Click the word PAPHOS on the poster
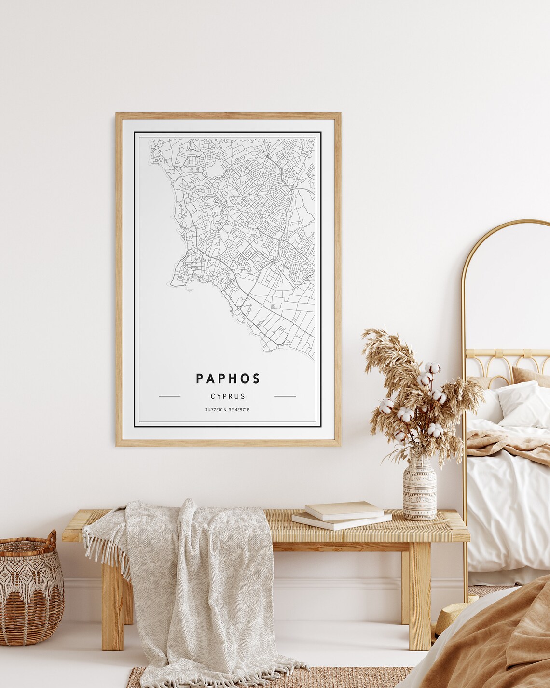[x=228, y=379]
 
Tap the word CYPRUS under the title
[x=228, y=396]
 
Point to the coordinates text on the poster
[x=227, y=410]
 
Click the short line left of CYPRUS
[x=169, y=396]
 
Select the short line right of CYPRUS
[x=285, y=396]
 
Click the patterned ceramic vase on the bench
[x=419, y=490]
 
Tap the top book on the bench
[x=344, y=510]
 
